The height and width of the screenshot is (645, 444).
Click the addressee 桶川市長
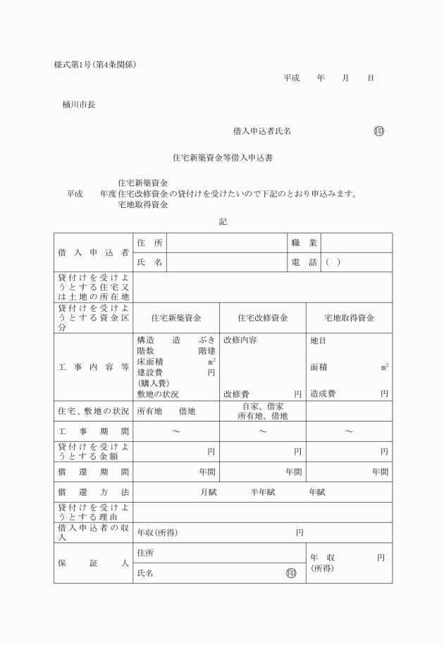79,105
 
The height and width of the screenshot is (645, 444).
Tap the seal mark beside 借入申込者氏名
378,131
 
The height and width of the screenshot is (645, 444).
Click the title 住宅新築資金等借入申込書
223,159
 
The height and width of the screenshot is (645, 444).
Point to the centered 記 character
222,221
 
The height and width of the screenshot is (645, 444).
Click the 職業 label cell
304,242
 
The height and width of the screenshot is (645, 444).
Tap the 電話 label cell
304,262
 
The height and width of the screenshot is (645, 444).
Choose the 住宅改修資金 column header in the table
262,318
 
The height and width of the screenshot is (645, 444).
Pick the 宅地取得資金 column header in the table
349,318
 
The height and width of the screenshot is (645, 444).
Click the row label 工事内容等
93,367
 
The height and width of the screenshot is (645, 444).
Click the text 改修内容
240,340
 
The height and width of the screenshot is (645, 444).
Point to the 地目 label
319,340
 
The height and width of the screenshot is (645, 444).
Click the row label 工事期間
93,431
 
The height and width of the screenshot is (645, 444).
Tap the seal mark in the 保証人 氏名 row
290,573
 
